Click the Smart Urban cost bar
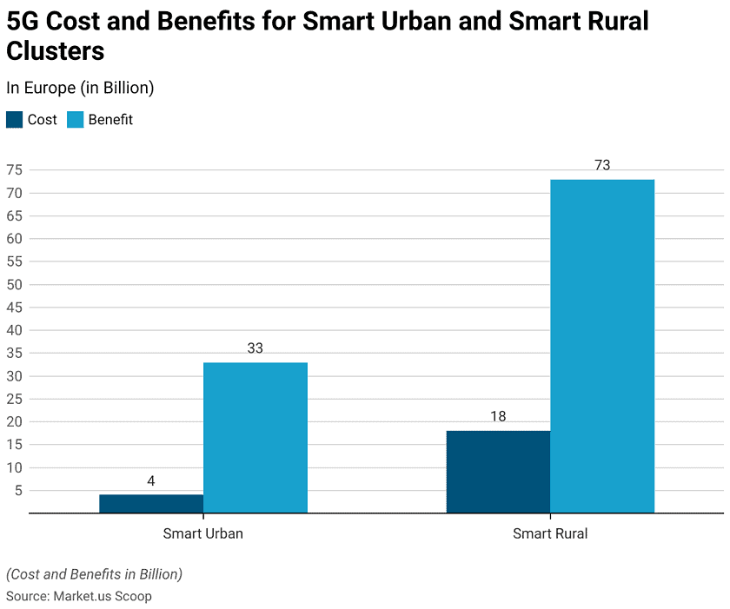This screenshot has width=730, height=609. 151,504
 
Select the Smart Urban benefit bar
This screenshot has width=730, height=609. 255,438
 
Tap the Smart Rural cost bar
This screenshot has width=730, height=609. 498,472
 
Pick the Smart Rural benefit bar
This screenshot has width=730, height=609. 602,346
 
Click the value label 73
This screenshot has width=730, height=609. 602,165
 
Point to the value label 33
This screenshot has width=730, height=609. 255,348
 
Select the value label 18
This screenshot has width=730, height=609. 498,417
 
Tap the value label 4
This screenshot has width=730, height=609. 151,480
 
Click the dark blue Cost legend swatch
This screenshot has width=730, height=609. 15,120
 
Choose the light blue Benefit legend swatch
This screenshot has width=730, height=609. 75,120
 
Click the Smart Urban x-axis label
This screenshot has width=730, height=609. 202,533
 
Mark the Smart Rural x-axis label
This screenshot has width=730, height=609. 550,533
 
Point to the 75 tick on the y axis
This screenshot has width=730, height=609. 14,170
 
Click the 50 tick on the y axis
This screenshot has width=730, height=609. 14,284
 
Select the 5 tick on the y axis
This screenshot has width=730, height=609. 17,490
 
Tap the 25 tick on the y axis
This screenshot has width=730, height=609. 14,399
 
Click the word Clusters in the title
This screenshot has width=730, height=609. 56,51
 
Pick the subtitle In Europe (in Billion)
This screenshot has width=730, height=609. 80,87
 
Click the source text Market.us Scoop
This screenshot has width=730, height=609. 103,596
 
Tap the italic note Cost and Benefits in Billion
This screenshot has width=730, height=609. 94,574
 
